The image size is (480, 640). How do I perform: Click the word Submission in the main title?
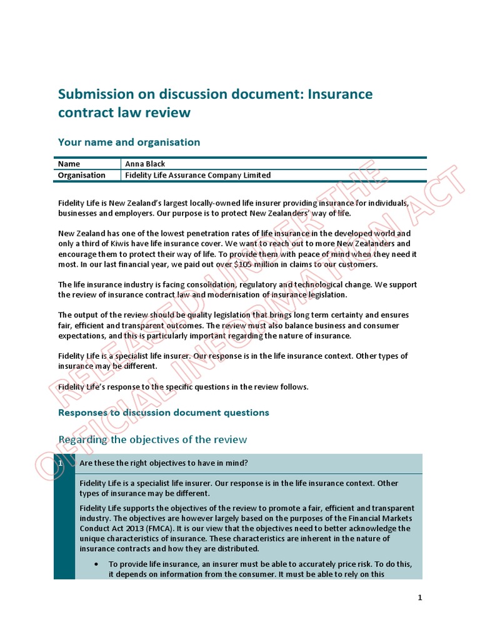pos(95,94)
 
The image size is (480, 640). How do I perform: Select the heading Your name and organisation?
pos(129,142)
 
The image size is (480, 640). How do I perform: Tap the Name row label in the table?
pos(69,164)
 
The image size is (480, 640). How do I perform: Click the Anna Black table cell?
pos(145,164)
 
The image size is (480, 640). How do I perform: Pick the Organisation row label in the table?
pos(82,175)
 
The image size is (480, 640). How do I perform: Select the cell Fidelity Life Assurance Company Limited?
pos(198,175)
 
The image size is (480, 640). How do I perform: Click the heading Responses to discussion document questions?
pos(163,412)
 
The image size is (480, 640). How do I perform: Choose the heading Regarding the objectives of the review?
pos(152,439)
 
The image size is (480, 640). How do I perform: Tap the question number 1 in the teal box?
pos(60,463)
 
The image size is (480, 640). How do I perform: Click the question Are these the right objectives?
pos(163,463)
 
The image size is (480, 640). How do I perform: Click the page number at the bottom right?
pos(420,597)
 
